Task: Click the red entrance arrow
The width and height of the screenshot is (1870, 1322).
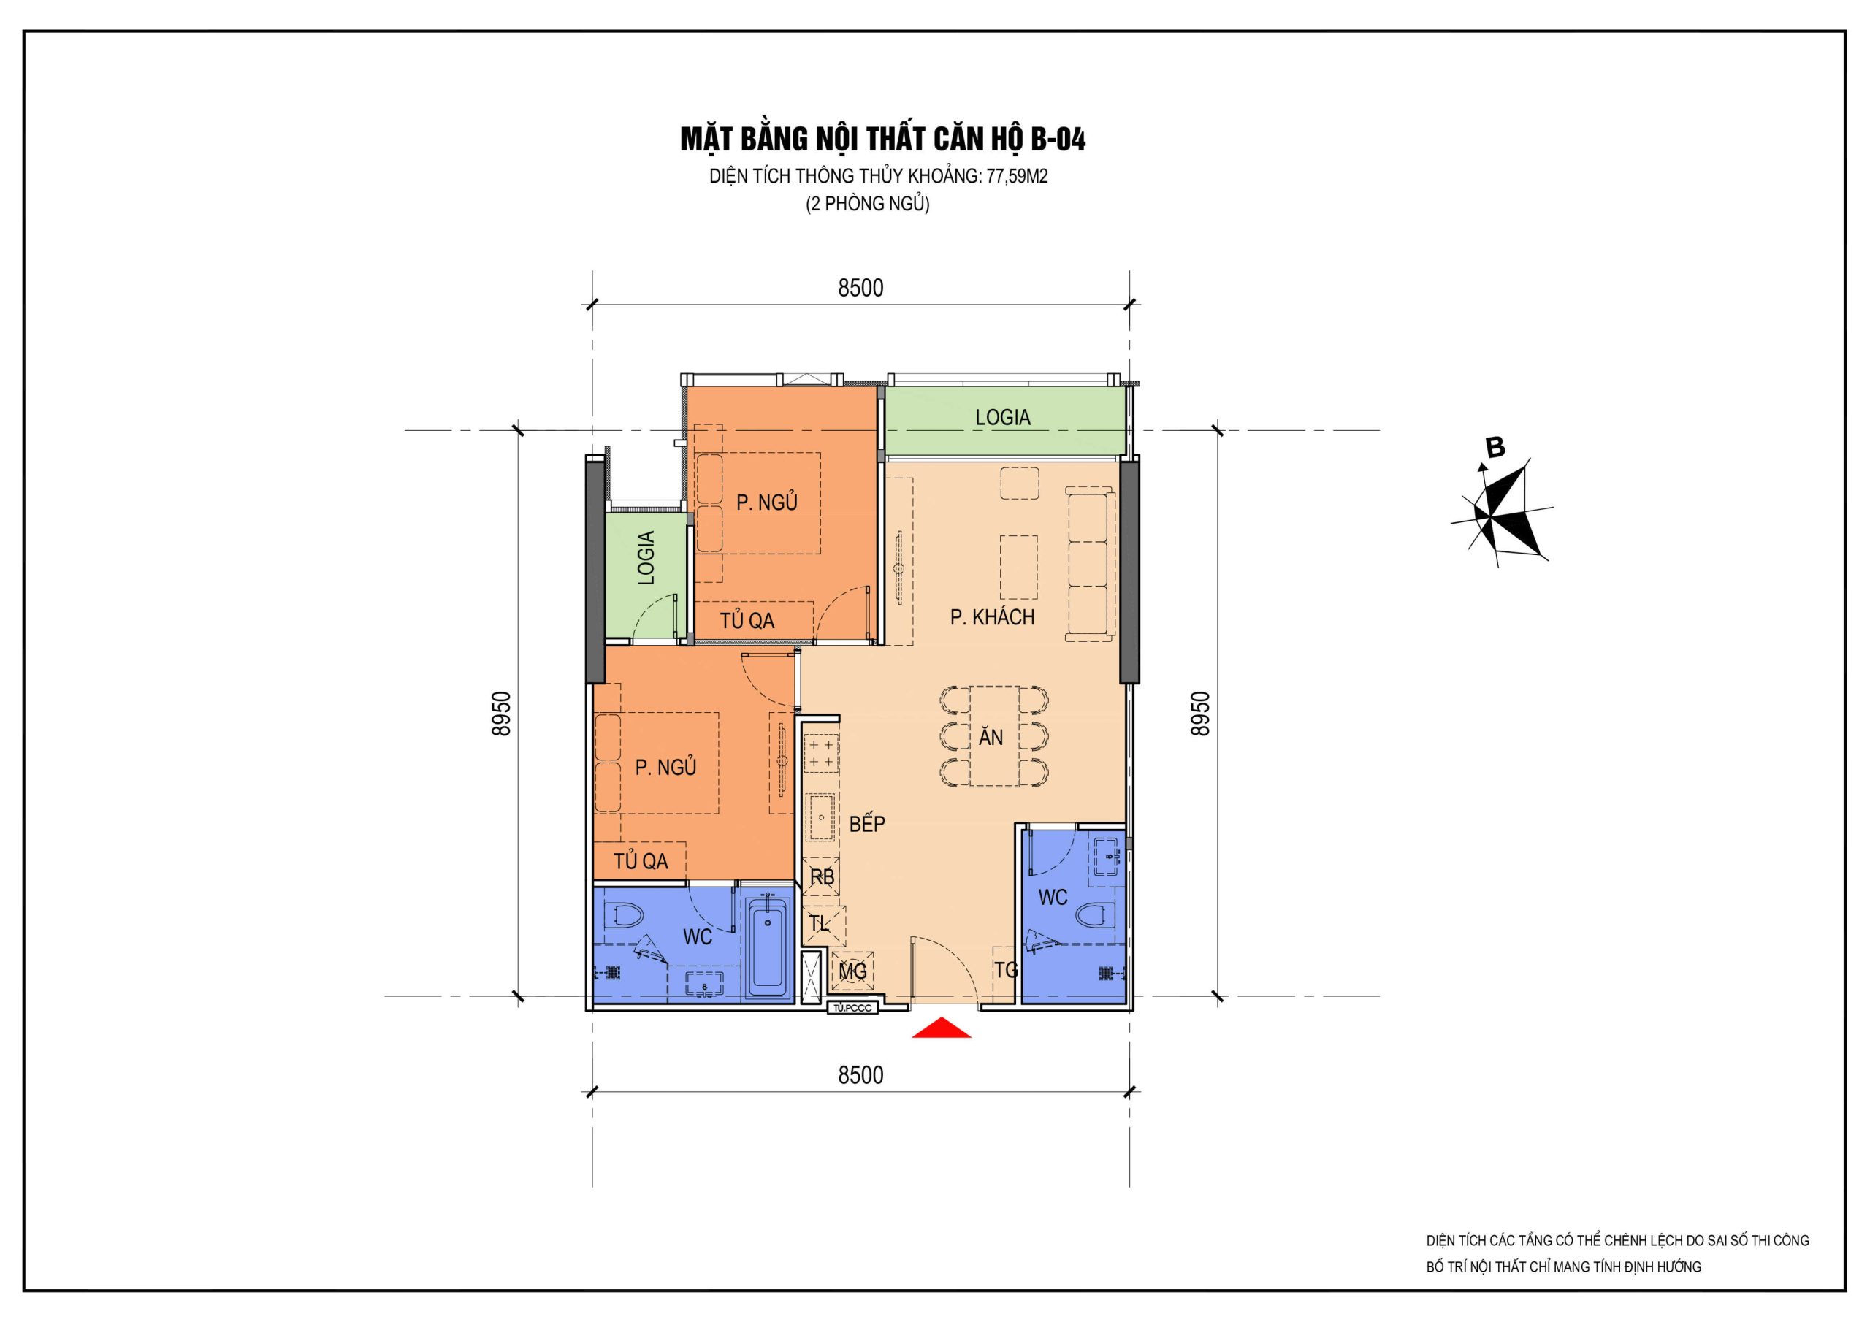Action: [941, 1028]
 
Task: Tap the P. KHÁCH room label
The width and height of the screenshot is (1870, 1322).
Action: [992, 617]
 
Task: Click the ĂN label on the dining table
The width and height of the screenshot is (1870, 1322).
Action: [991, 737]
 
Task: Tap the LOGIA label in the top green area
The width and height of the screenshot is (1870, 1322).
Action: [1003, 418]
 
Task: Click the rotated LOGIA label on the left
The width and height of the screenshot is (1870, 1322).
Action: [646, 558]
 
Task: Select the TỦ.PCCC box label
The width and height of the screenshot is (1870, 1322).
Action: [852, 1009]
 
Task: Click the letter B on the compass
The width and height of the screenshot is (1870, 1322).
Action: [1495, 447]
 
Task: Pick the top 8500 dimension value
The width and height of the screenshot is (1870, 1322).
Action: [861, 289]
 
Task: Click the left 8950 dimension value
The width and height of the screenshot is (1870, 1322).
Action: [502, 714]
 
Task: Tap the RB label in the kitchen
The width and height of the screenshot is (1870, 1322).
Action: [822, 877]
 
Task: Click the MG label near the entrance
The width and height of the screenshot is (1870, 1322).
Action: [852, 971]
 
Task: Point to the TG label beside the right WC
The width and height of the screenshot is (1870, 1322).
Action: [1007, 970]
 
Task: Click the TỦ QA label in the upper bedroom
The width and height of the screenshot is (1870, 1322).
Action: [747, 621]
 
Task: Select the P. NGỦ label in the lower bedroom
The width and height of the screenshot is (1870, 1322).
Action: [665, 768]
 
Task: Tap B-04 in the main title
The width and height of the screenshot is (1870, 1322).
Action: [1058, 140]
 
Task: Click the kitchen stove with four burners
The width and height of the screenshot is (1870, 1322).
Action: [821, 754]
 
